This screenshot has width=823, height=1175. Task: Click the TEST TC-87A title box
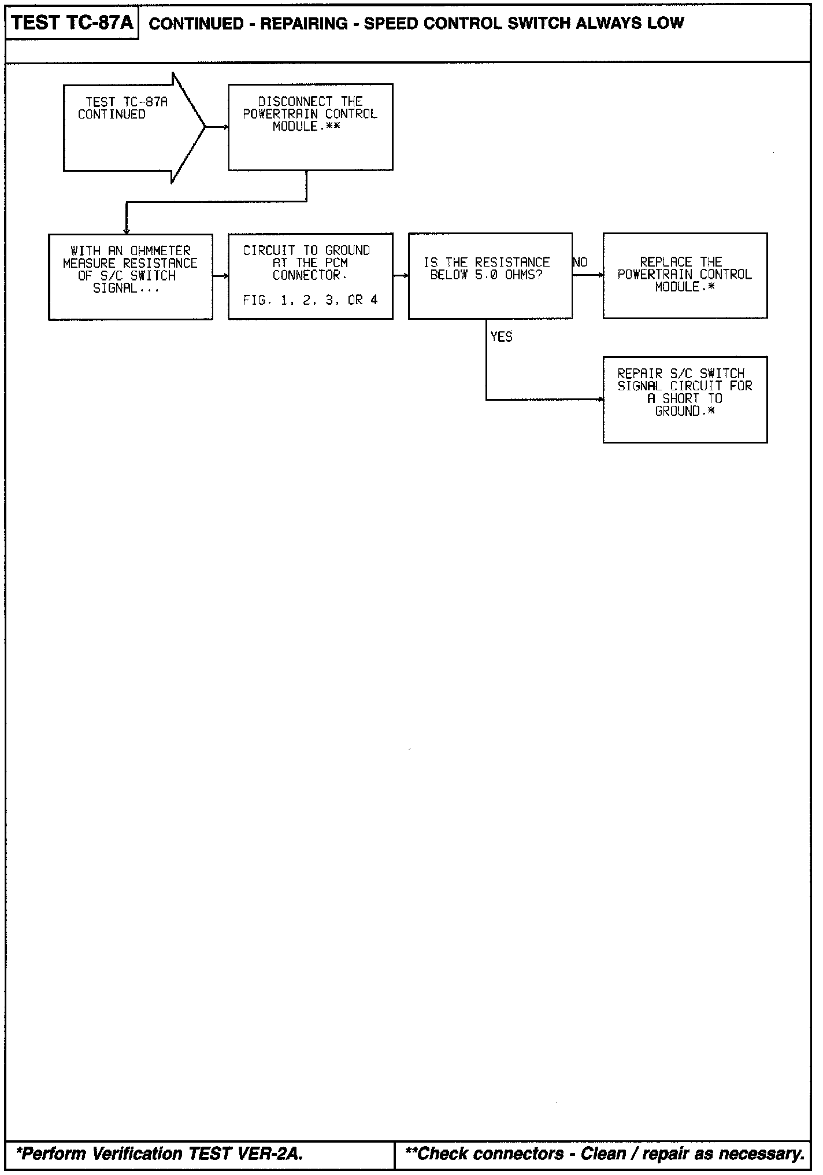[x=72, y=23]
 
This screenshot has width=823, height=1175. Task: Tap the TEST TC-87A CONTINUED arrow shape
[x=127, y=127]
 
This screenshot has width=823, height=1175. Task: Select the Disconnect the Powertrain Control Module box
[x=310, y=127]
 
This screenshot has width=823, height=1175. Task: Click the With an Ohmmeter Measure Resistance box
[x=130, y=276]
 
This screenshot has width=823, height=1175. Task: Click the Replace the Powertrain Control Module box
[x=685, y=275]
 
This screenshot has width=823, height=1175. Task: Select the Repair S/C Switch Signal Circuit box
[x=685, y=399]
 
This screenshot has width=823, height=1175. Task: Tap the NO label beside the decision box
[x=580, y=263]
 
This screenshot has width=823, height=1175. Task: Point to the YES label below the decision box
[x=501, y=337]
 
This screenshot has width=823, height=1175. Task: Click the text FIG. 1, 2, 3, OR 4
[x=310, y=300]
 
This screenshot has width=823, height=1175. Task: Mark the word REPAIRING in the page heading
[x=304, y=24]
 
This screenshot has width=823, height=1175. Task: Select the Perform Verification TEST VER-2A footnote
[x=159, y=1154]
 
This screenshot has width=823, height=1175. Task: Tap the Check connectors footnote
[x=605, y=1154]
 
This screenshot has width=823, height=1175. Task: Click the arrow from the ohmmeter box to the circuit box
[x=221, y=276]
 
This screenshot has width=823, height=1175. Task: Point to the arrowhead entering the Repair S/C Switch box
[x=600, y=399]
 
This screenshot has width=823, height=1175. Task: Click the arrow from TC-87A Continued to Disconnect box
[x=217, y=127]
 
